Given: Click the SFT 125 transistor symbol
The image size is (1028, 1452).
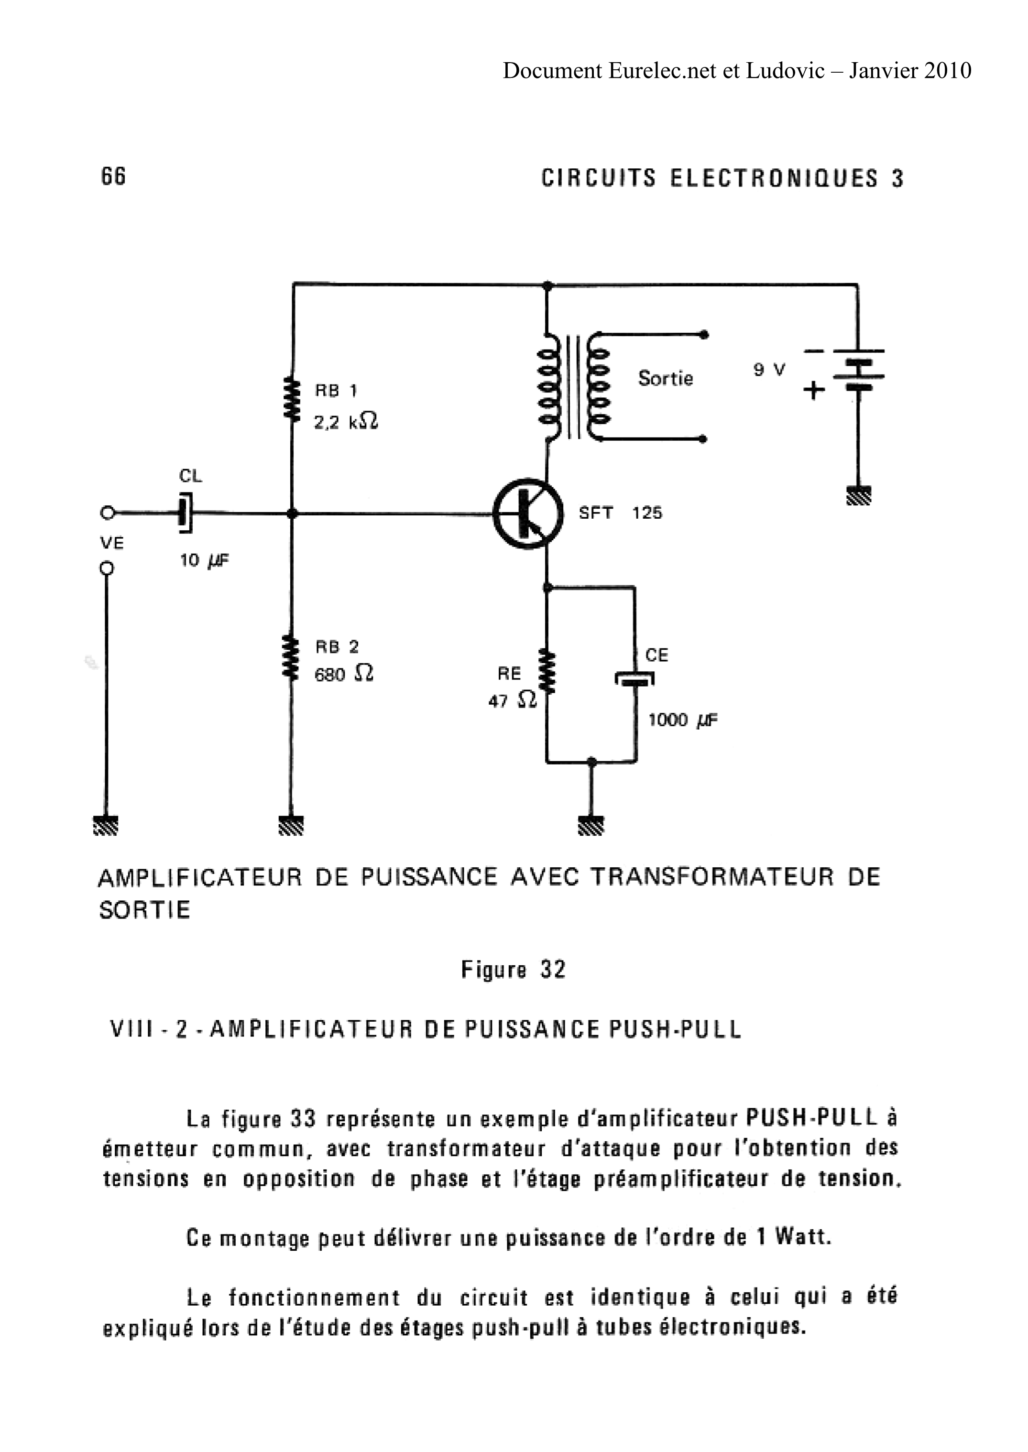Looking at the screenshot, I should point(527,514).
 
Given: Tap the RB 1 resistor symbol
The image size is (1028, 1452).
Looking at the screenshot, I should point(291,399).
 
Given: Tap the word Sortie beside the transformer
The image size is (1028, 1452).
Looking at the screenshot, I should point(665,379).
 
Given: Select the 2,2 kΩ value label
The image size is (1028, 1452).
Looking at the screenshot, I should point(346,422).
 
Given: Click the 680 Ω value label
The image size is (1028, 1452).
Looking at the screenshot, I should point(344,674).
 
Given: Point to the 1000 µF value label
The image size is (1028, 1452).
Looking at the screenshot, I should point(682,721).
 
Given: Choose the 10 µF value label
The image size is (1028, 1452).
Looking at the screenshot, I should point(204,560).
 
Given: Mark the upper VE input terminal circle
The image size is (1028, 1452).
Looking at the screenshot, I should point(108,512).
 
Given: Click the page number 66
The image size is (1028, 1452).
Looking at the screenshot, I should point(113,176).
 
